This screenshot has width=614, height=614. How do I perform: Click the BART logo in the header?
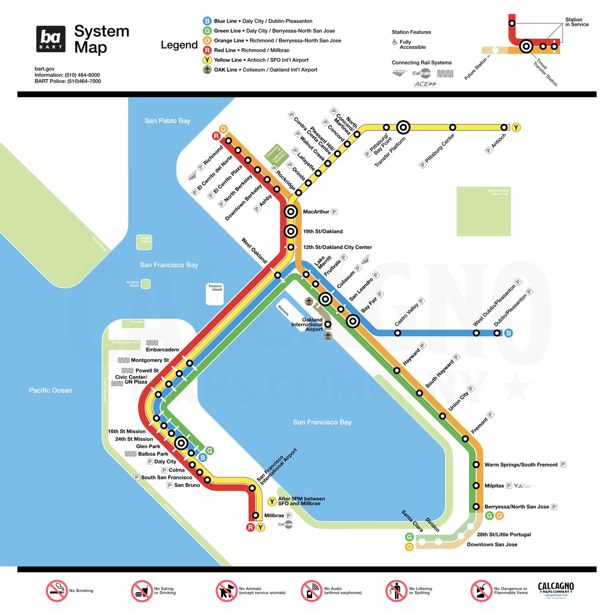click(x=51, y=39)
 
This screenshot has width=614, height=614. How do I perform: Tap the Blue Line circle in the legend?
click(x=207, y=21)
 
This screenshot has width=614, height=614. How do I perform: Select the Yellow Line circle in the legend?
click(x=207, y=60)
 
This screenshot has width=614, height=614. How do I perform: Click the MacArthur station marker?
click(x=291, y=211)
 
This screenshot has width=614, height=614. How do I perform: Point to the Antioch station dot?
click(x=504, y=127)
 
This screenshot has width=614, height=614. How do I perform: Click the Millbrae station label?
click(x=274, y=516)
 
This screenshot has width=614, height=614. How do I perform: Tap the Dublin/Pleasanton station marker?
click(x=497, y=333)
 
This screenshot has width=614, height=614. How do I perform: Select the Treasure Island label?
click(x=215, y=288)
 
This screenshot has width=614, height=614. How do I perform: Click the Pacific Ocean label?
click(x=50, y=390)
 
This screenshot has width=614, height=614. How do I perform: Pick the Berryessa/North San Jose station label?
click(x=517, y=507)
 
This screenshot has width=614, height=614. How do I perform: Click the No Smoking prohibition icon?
click(x=57, y=591)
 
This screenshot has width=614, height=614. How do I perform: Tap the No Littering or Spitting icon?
click(x=396, y=591)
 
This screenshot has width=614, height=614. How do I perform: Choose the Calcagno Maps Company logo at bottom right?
click(x=556, y=589)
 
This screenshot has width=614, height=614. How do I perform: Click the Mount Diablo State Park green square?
click(x=484, y=211)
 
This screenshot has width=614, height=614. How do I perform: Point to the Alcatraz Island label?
click(x=134, y=284)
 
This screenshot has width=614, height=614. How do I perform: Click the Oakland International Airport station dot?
click(x=328, y=324)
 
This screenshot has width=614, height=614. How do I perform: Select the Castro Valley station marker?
click(x=398, y=333)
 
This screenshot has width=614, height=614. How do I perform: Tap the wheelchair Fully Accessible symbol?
click(x=394, y=42)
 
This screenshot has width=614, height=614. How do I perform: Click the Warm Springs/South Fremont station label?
click(x=521, y=465)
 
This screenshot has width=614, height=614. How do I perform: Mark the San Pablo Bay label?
click(x=167, y=121)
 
